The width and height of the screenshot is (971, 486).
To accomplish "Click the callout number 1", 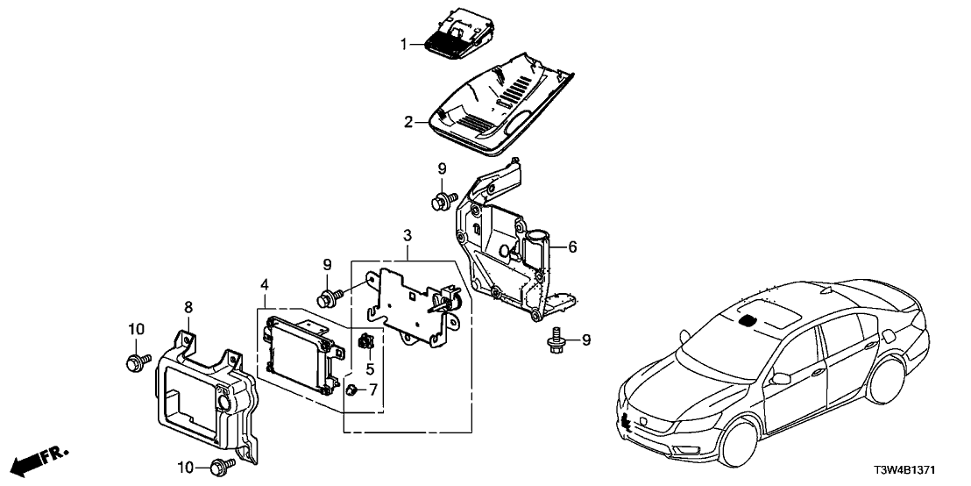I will click(404, 43).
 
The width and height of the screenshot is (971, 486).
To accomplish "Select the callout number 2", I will click(407, 122).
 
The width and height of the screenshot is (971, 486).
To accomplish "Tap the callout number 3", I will click(407, 234).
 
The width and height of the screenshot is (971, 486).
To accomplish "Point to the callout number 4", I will click(264, 284).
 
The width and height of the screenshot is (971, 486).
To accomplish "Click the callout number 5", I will click(369, 368).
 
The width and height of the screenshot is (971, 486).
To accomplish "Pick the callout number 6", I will click(572, 248).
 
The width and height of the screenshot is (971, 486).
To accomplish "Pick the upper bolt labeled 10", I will click(136, 360).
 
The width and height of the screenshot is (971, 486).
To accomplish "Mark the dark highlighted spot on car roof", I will click(748, 321).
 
